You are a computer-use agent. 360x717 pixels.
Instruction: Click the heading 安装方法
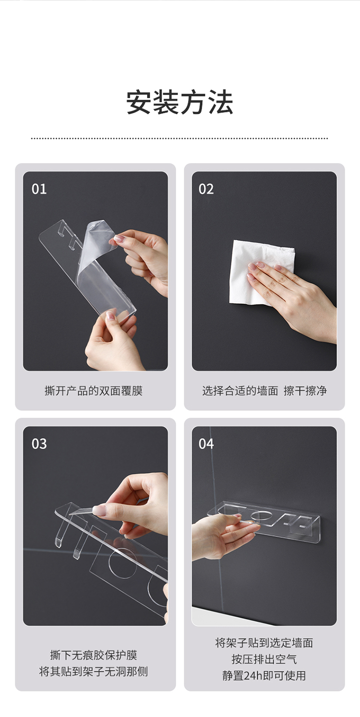pos(180,102)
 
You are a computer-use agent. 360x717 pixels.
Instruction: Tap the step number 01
pos(39,189)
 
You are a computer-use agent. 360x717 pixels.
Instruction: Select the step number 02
pos(206,189)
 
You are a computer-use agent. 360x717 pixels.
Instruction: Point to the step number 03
pos(39,444)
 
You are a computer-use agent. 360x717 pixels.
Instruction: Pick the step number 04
pos(206,444)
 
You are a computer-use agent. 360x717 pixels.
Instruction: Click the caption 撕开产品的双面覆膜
pos(94,391)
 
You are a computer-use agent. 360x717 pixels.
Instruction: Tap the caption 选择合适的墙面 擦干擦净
pos(264,391)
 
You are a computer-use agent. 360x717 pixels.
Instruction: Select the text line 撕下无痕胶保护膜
pos(94,655)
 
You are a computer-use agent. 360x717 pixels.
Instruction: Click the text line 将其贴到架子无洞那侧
pos(94,671)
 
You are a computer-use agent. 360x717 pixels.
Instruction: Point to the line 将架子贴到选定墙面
pos(264,643)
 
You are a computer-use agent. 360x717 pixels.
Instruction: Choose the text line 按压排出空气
pos(264,659)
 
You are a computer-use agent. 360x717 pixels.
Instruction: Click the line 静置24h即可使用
pos(264,675)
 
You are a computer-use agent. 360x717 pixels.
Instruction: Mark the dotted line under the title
pos(180,139)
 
